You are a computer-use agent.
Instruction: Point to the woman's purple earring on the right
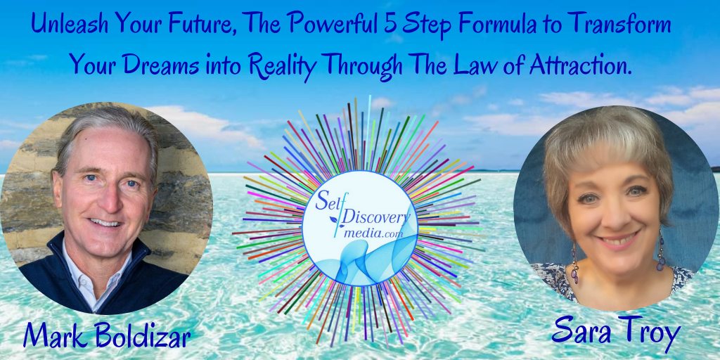660,252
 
